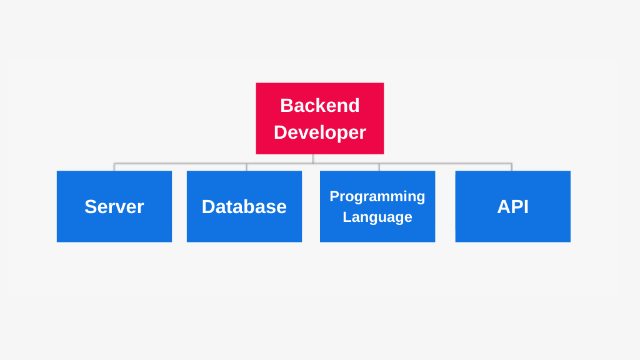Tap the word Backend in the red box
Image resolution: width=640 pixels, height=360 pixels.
pyautogui.click(x=319, y=105)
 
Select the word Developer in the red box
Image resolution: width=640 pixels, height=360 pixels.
pyautogui.click(x=319, y=132)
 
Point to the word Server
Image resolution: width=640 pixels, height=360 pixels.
pyautogui.click(x=114, y=206)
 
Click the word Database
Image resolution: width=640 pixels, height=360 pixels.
pyautogui.click(x=244, y=206)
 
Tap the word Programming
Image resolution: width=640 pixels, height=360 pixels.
pyautogui.click(x=377, y=196)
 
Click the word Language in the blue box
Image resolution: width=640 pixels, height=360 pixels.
pyautogui.click(x=377, y=217)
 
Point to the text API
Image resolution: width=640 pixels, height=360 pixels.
pyautogui.click(x=512, y=206)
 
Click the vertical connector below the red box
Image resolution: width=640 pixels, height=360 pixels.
pyautogui.click(x=313, y=159)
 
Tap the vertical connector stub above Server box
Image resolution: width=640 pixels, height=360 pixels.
pyautogui.click(x=114, y=167)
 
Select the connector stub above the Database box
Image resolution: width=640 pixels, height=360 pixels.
pyautogui.click(x=246, y=167)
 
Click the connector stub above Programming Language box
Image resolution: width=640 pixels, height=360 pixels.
pyautogui.click(x=379, y=167)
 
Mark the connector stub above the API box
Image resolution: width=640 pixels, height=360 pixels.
pyautogui.click(x=511, y=167)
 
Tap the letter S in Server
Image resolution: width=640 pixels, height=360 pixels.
pyautogui.click(x=90, y=206)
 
